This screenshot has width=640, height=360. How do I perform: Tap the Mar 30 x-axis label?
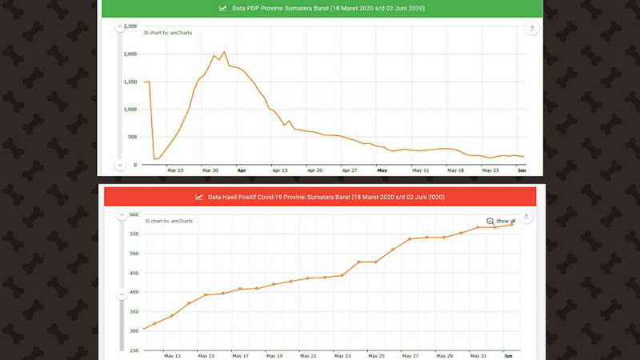[210, 170]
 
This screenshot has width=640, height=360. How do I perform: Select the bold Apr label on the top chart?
[242, 170]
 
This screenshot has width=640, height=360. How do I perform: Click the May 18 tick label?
[455, 170]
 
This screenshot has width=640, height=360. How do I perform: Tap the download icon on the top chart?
[532, 29]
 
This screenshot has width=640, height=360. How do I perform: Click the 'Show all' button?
[501, 221]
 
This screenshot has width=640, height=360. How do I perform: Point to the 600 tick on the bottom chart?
[134, 215]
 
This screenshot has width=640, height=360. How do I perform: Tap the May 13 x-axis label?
[172, 356]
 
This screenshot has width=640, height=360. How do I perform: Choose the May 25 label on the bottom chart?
[376, 356]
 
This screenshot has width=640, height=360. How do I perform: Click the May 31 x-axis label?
[478, 356]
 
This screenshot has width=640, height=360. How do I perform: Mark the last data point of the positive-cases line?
[512, 224]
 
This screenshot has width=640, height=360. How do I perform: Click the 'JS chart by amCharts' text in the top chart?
[167, 33]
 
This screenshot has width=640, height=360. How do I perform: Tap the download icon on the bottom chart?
[526, 217]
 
